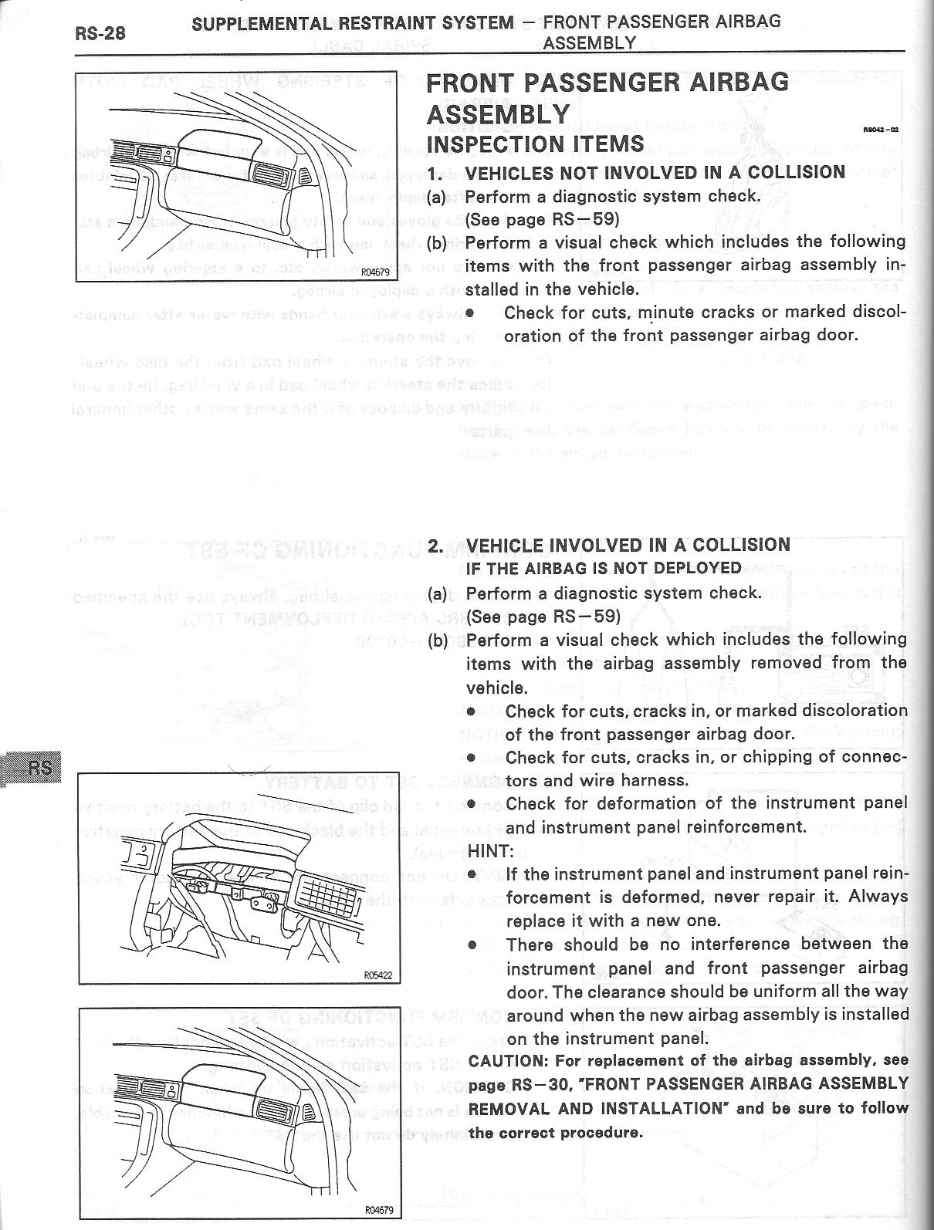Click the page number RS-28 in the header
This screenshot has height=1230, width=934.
coord(100,34)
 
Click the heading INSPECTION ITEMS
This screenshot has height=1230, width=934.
coord(535,144)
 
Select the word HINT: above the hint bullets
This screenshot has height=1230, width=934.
coord(490,850)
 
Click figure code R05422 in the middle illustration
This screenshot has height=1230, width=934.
coord(377,975)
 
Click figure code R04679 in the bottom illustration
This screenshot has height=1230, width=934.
coord(377,1209)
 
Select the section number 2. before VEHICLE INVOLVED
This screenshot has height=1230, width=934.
coord(436,546)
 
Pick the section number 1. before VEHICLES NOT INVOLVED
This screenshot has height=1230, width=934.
coord(436,172)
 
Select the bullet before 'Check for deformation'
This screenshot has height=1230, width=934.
coord(471,803)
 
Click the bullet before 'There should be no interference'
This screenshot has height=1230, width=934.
coord(471,944)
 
